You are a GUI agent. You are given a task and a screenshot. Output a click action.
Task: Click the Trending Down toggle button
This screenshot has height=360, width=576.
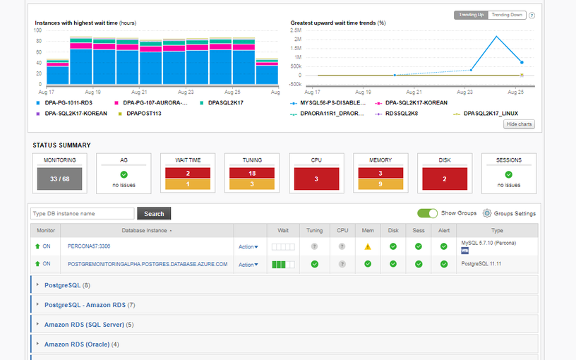(508, 15)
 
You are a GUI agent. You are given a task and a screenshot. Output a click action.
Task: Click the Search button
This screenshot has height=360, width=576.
(154, 213)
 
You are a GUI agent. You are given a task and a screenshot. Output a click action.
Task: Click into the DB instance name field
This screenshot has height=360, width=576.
(82, 213)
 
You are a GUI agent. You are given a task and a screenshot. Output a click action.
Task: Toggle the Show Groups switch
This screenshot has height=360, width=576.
(427, 213)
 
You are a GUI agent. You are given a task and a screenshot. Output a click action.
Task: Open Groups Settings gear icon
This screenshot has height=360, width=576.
(486, 213)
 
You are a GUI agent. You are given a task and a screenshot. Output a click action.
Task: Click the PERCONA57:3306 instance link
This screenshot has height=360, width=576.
(89, 246)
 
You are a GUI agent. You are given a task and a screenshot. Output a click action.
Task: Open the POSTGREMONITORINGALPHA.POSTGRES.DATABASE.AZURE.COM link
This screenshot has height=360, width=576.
(148, 264)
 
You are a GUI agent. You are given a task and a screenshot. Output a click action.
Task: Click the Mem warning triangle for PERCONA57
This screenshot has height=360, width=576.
(367, 246)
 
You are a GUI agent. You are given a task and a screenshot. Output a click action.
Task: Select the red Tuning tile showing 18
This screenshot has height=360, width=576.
(252, 174)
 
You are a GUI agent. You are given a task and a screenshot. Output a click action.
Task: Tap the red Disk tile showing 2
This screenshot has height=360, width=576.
(445, 179)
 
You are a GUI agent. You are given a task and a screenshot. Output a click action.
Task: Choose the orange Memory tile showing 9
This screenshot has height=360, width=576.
(380, 185)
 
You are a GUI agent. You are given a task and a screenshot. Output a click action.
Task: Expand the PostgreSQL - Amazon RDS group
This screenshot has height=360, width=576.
(85, 305)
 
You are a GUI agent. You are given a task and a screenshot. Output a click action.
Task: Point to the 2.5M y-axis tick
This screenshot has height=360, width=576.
(296, 31)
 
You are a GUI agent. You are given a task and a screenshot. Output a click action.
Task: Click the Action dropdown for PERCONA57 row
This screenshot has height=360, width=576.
(248, 246)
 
